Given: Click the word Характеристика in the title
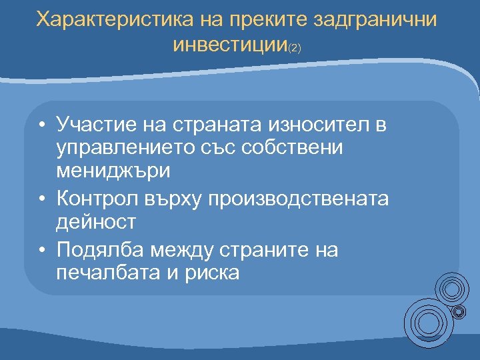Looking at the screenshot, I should tap(114, 19).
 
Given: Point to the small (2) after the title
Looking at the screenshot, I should tap(294, 49).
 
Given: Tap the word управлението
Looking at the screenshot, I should tap(128, 147).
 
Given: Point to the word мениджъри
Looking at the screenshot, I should tap(113, 171).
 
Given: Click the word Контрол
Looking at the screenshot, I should tap(97, 198).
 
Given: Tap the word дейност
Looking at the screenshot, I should tap(97, 221).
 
